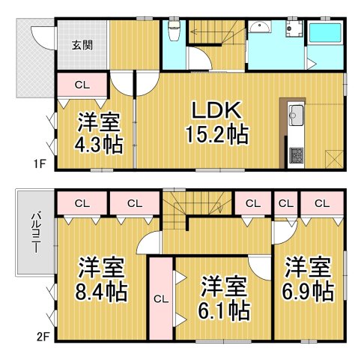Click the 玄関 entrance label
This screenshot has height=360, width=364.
pos(82,45)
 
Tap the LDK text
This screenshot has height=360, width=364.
pos(218,111)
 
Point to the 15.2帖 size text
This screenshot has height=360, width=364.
pos(218,135)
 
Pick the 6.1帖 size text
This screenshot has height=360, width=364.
pos(225,308)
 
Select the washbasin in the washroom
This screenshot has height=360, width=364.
pos(262,28)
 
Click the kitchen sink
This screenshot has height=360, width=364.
pos(294,116)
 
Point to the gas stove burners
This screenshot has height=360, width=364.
pos(294,155)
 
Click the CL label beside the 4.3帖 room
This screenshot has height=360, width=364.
pos(82,85)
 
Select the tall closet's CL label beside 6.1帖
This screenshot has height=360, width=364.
pos(159,298)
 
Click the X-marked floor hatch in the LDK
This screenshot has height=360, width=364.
pos(334,158)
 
